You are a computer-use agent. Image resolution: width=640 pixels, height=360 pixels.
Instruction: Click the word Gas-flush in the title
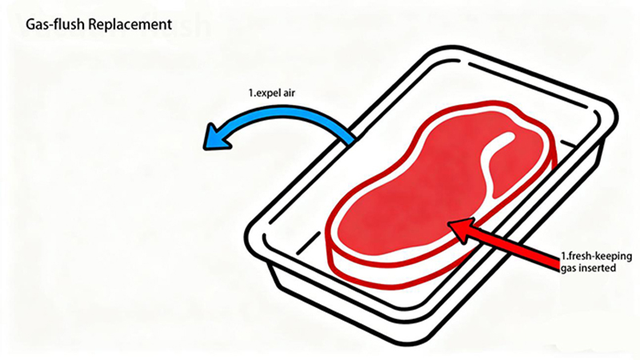(55, 25)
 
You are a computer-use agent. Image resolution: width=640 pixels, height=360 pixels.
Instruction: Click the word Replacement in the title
(130, 25)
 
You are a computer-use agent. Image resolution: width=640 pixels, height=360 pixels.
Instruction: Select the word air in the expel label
(289, 93)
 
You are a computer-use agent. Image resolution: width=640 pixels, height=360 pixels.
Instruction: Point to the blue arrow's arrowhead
(216, 138)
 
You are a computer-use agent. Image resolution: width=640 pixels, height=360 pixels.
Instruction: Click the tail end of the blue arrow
(351, 138)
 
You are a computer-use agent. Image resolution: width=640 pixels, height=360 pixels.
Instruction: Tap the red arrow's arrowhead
(462, 230)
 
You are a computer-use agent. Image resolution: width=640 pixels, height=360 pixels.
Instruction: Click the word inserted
(598, 268)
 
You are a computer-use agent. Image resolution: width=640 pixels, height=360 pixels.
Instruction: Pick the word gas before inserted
(568, 269)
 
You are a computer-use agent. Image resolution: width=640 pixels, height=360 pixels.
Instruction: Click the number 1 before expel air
(250, 93)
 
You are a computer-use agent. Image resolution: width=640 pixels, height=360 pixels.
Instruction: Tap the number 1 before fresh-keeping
(563, 257)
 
